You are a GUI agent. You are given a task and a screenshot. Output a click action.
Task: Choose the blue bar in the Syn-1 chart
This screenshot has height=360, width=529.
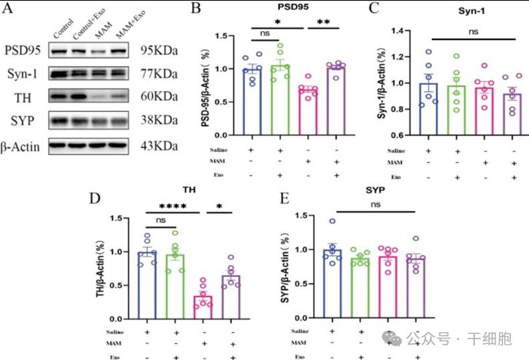click(x=428, y=110)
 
